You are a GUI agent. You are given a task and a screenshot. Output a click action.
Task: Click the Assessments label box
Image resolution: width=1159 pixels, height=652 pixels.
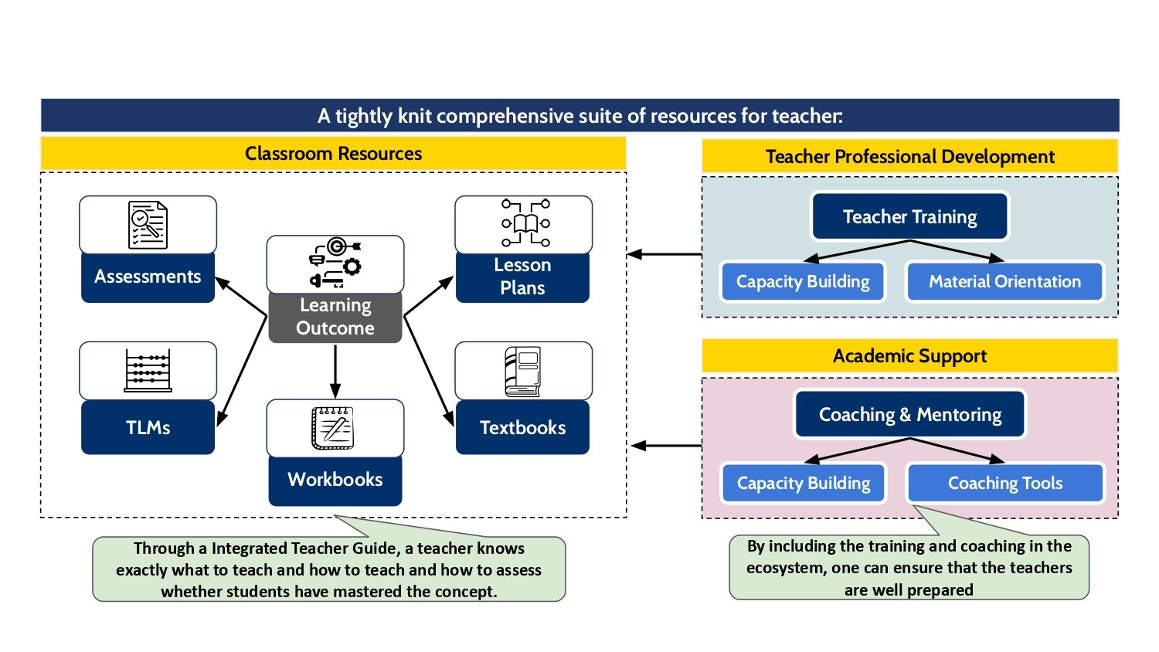point(148,277)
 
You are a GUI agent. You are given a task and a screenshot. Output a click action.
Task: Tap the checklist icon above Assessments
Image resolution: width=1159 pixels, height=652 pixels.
point(148,225)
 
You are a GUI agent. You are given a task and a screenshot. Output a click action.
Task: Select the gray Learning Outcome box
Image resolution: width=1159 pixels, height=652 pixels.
point(335,317)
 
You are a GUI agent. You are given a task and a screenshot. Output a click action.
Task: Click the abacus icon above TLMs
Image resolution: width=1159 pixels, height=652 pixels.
point(148,371)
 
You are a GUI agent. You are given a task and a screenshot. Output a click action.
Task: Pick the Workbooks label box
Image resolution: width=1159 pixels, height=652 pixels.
point(335,480)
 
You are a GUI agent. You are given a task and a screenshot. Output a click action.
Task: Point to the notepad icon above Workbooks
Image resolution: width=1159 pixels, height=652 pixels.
point(333,427)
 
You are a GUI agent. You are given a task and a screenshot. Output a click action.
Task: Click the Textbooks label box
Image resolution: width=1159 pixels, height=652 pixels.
point(522,427)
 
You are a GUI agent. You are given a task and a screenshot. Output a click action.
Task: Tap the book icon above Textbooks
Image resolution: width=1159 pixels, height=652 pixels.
point(523,372)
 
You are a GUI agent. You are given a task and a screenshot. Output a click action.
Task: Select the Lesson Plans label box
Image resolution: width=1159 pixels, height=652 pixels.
point(522,277)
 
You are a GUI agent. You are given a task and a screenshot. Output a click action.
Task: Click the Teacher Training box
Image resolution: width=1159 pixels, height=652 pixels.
point(909,217)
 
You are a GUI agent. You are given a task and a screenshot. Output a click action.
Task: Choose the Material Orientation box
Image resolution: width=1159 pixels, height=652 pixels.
point(1004,282)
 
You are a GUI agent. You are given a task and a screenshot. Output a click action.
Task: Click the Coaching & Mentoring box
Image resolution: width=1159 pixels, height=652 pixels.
point(909,415)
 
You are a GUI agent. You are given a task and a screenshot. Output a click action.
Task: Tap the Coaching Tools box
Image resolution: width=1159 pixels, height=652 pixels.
point(1004,484)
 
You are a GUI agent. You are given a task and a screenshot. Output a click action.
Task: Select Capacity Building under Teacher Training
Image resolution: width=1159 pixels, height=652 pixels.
point(803,282)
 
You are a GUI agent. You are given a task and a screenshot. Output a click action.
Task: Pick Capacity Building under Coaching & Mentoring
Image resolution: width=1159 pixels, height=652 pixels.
point(803,484)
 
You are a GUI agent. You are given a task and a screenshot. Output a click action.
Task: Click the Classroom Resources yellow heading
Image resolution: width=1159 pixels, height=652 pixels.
point(333,154)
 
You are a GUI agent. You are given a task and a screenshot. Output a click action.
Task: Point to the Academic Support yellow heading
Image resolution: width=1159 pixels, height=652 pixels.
point(909,356)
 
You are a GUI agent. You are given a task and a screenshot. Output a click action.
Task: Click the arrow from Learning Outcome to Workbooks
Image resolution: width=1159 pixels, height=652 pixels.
point(335,371)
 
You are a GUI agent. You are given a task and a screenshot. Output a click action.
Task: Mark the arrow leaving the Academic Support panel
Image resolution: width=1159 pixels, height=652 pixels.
point(666,446)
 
